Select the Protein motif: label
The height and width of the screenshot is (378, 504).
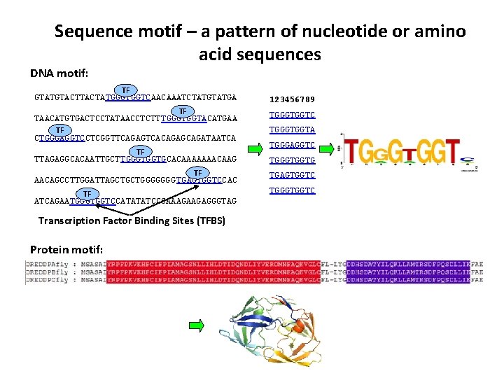(66, 250)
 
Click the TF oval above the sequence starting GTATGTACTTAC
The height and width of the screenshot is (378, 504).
(125, 90)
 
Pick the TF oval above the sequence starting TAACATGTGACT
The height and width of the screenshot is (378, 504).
(182, 111)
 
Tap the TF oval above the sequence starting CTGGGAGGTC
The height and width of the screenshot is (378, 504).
(59, 131)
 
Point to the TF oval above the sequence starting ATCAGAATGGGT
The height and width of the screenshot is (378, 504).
(87, 193)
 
